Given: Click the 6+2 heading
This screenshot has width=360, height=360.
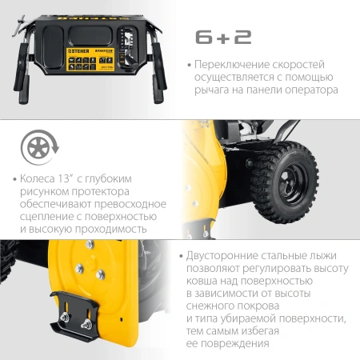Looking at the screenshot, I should [226, 38].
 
